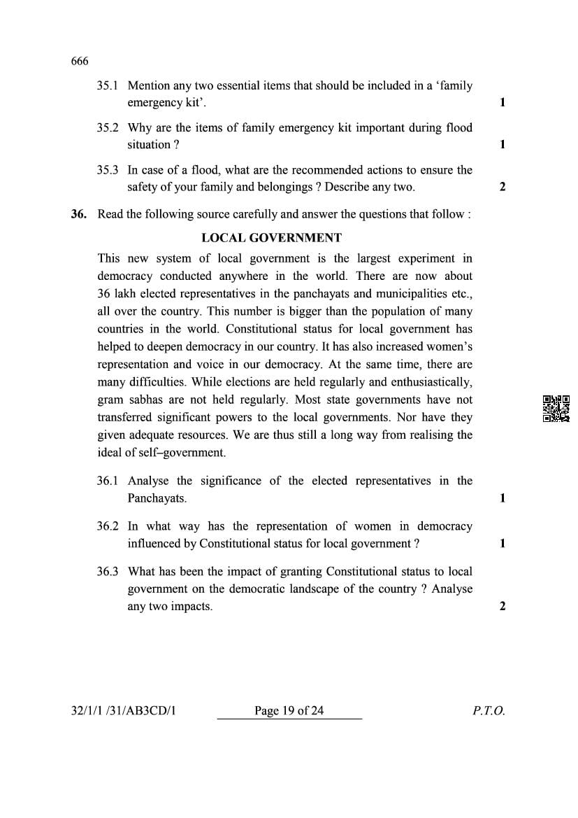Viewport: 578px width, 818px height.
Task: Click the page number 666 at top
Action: [80, 61]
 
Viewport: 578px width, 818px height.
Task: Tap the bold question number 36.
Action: [78, 214]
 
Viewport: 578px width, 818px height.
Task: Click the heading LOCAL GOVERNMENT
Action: [271, 238]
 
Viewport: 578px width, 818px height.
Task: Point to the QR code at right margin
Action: [556, 409]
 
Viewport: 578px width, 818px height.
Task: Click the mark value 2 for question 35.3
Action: [503, 187]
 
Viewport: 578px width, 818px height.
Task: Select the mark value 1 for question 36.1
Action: [503, 498]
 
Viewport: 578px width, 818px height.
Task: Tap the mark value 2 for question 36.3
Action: [503, 606]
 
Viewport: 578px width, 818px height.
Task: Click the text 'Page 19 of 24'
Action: [289, 711]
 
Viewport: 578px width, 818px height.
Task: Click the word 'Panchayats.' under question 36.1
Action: [157, 498]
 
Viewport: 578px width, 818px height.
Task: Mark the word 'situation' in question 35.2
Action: [148, 145]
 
